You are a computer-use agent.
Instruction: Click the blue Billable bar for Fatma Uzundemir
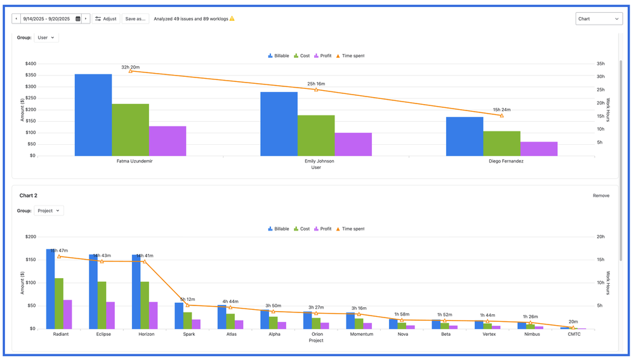[93, 115]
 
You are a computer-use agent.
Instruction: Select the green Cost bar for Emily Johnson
[316, 135]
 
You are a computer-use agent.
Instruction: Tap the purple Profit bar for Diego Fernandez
[539, 149]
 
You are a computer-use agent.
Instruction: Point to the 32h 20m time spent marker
[131, 71]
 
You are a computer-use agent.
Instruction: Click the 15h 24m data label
[501, 110]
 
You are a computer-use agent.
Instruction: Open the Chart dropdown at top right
[598, 19]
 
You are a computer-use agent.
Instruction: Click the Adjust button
[106, 19]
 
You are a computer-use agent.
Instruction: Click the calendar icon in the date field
[78, 19]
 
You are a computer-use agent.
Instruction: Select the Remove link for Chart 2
[600, 196]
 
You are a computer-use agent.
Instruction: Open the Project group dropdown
[49, 211]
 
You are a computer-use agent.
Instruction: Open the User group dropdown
[46, 37]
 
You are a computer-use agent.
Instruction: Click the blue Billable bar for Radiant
[50, 289]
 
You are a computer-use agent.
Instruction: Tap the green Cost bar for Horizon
[145, 305]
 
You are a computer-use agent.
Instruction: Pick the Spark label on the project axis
[189, 334]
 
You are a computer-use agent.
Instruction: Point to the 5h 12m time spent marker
[188, 305]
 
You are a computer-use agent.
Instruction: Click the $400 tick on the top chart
[30, 63]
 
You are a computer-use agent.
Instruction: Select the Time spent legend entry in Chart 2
[350, 229]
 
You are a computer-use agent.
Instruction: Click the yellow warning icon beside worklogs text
[232, 18]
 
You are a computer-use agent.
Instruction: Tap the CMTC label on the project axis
[574, 334]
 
